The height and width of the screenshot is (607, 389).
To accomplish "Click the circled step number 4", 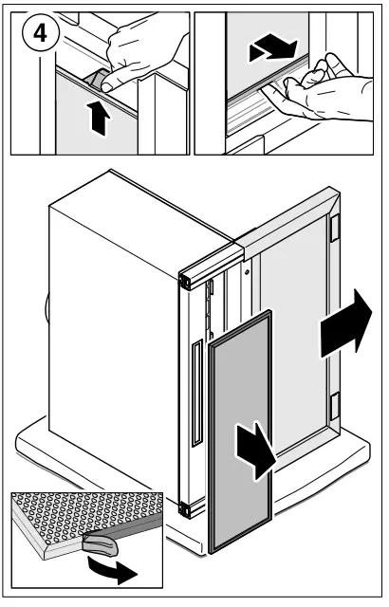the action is point(40,34).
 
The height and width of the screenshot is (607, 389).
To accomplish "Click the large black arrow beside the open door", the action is point(345,324).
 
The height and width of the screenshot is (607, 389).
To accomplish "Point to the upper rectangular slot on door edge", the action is point(334,228).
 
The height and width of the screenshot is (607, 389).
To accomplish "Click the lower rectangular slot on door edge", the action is point(334,406).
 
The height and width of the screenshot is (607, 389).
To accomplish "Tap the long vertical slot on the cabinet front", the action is point(197,393).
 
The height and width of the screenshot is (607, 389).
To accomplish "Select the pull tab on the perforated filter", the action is point(101,544).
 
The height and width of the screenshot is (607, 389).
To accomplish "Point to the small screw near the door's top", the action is point(247,272).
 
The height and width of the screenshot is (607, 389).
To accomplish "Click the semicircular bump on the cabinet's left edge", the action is point(47,307).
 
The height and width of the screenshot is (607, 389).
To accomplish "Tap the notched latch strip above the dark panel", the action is point(211,307).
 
